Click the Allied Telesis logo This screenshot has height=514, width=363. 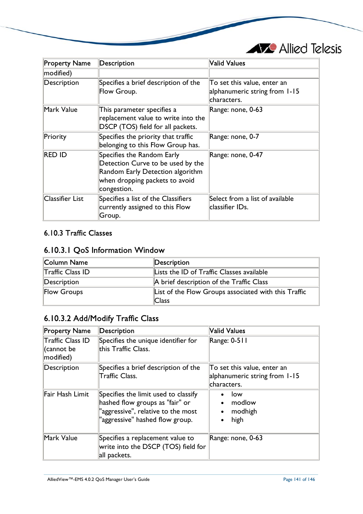[294, 49]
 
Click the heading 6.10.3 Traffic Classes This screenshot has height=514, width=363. [78, 233]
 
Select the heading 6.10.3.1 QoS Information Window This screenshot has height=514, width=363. [104, 250]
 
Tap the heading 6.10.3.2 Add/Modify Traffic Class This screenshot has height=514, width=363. [101, 318]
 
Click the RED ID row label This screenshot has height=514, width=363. [56, 155]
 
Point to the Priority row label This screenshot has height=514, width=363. [55, 137]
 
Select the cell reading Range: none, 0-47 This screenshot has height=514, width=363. [236, 155]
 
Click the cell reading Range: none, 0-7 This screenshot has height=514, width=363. [234, 137]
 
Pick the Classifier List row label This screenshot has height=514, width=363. [64, 199]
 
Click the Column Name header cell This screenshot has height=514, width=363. [66, 263]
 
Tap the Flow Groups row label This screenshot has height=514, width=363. [63, 292]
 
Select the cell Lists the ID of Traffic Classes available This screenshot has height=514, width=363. [211, 272]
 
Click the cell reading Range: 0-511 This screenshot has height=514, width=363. [228, 341]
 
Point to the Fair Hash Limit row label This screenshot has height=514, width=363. [66, 394]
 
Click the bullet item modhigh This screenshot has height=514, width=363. [244, 411]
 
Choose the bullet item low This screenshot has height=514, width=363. [237, 394]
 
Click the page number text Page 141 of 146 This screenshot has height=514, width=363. [299, 479]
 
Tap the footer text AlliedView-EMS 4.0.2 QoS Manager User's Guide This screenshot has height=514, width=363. [98, 479]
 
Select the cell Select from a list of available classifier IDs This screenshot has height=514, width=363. [251, 203]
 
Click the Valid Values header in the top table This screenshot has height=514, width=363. [227, 63]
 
